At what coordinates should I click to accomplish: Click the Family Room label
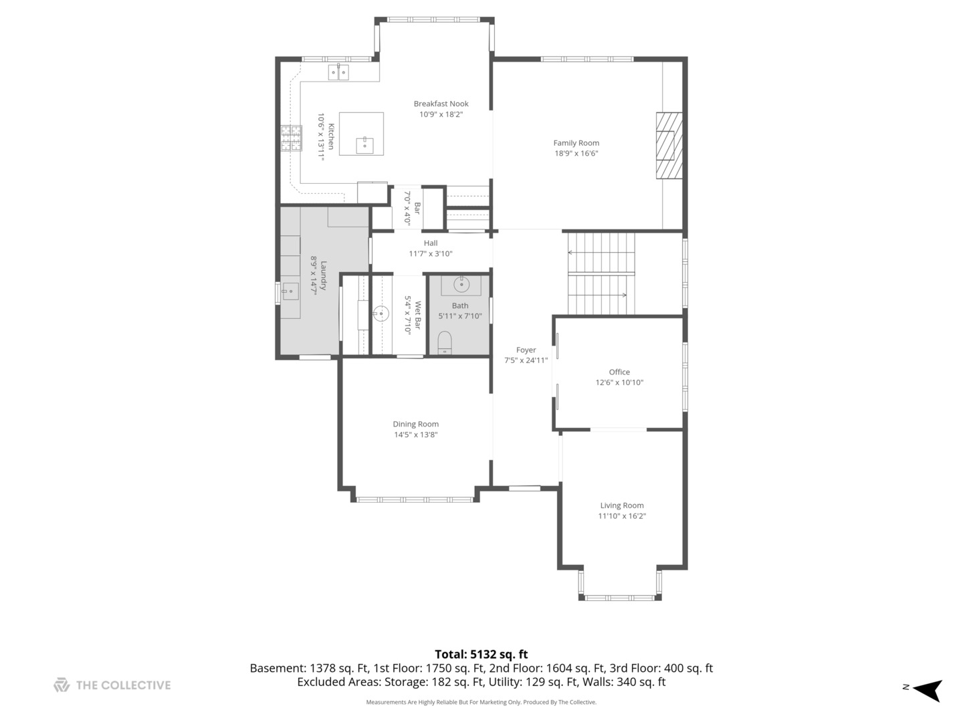click(x=576, y=143)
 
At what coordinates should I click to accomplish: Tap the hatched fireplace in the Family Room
click(x=669, y=146)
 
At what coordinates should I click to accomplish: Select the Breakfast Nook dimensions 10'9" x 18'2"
click(x=441, y=114)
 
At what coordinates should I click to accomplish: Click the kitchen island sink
click(x=364, y=145)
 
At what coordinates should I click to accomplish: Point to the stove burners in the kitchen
click(x=292, y=138)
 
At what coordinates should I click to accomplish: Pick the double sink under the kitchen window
click(x=338, y=72)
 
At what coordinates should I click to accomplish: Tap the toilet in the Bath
click(x=445, y=342)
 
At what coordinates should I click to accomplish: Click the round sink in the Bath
click(x=461, y=285)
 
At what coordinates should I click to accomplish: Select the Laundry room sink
click(x=290, y=291)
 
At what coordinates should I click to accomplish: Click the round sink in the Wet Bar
click(x=381, y=314)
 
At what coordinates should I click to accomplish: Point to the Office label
click(x=619, y=372)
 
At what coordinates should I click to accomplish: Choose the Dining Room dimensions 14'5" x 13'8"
click(x=415, y=435)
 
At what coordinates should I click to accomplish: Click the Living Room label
click(x=622, y=505)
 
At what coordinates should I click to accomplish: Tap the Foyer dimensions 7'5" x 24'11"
click(x=526, y=360)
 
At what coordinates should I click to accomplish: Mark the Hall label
click(x=431, y=243)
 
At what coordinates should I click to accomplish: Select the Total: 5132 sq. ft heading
click(x=481, y=654)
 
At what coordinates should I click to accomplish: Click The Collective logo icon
click(x=62, y=685)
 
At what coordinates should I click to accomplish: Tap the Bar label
click(x=417, y=208)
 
